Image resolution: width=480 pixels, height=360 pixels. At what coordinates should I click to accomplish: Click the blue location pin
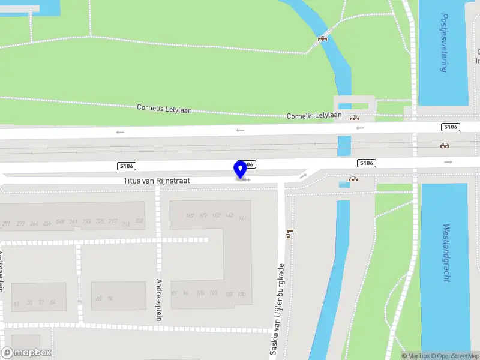point(241,170)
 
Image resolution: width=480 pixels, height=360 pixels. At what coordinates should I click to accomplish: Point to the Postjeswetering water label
point(443,43)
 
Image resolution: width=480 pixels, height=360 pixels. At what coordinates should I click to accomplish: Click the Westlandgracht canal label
point(446,254)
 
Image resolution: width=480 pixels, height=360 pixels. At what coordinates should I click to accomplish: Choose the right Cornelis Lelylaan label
point(314,115)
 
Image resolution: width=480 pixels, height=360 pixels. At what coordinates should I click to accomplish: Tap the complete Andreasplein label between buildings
point(159,299)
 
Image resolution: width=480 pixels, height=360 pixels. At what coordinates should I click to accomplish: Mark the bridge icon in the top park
point(323,38)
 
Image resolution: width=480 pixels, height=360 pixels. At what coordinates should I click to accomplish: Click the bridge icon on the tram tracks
point(445,145)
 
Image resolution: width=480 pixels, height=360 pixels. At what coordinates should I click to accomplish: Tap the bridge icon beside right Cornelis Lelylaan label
point(354,118)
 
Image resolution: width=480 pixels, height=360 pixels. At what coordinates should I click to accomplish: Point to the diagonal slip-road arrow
point(303,176)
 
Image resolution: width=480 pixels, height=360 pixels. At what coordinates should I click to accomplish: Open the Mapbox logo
point(26,352)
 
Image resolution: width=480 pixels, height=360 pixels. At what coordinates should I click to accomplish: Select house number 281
point(7,224)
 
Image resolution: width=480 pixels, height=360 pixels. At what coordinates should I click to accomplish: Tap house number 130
point(241,294)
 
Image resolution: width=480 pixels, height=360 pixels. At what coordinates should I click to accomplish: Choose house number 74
point(110,298)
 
